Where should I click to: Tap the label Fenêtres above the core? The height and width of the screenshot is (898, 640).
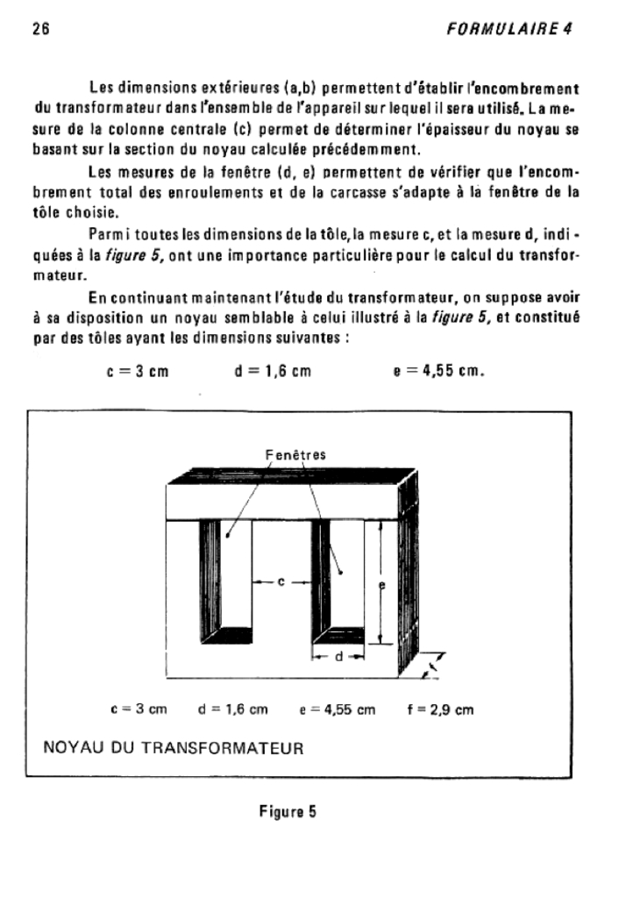tap(295, 455)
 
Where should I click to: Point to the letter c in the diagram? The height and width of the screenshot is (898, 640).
tap(281, 581)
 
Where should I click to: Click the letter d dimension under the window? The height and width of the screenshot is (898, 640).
tap(338, 656)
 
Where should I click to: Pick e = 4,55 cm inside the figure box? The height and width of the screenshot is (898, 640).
tap(343, 709)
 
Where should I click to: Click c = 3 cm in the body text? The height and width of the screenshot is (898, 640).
tap(136, 371)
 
